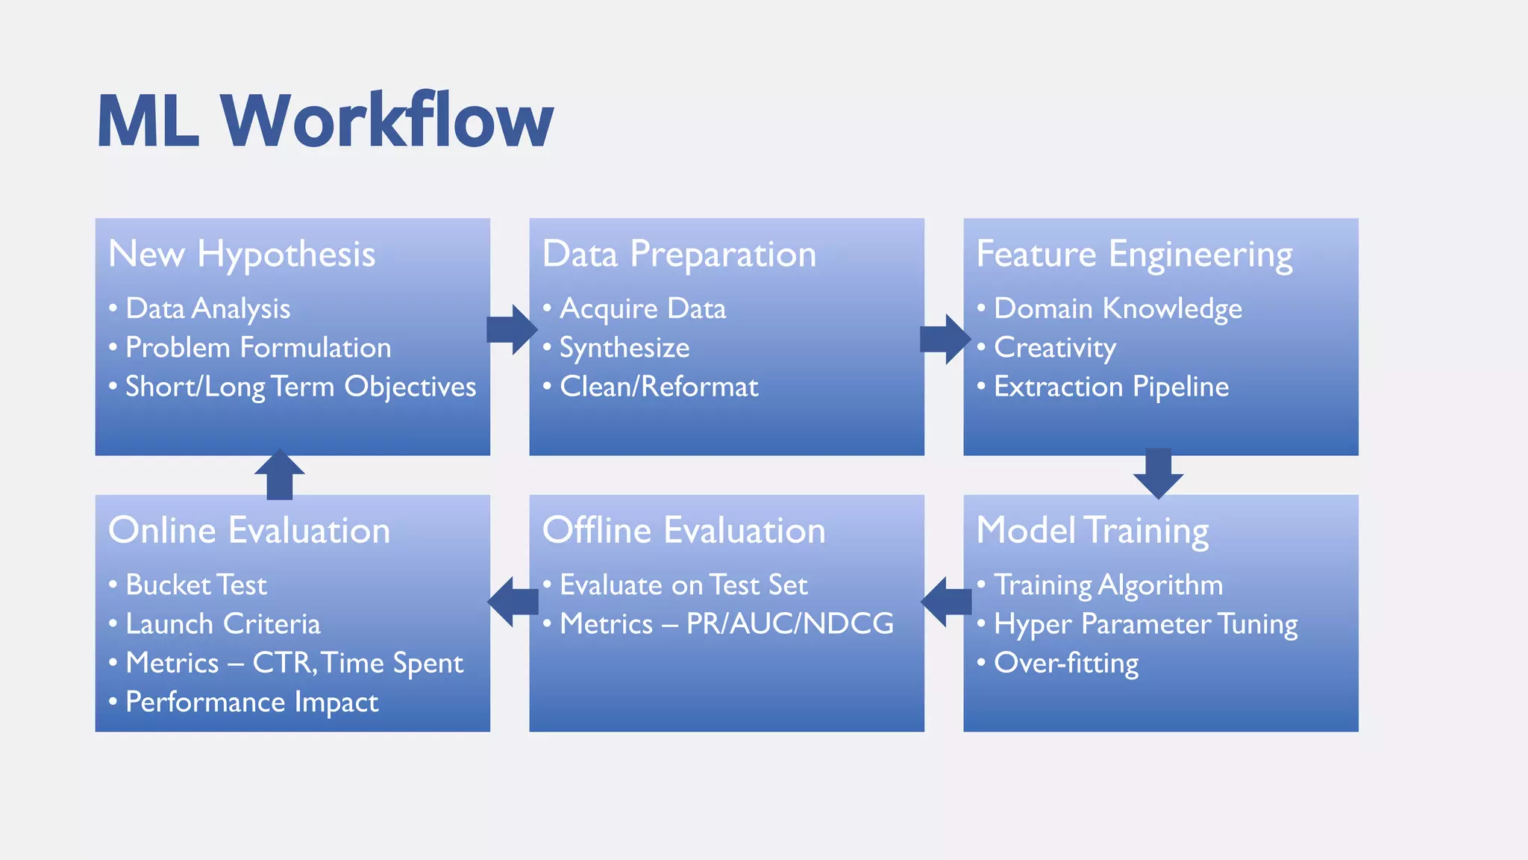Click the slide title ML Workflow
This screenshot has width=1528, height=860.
pyautogui.click(x=325, y=121)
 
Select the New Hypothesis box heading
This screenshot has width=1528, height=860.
pyautogui.click(x=242, y=255)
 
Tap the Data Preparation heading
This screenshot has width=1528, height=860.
pyautogui.click(x=679, y=255)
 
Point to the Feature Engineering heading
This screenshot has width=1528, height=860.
pyautogui.click(x=1134, y=255)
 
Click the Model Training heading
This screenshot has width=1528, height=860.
pyautogui.click(x=1092, y=531)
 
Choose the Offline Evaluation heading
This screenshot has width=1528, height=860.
pyautogui.click(x=683, y=531)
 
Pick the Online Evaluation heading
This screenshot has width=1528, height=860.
pyautogui.click(x=249, y=531)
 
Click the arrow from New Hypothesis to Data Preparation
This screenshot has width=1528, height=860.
pyautogui.click(x=513, y=329)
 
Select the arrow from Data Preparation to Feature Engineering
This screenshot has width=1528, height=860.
pyautogui.click(x=945, y=339)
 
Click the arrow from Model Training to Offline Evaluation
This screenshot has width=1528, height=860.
pyautogui.click(x=947, y=601)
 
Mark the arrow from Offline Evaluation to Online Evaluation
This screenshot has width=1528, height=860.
pyautogui.click(x=513, y=601)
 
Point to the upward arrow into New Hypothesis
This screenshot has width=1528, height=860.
pyautogui.click(x=280, y=475)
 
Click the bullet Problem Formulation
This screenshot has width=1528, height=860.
pyautogui.click(x=258, y=348)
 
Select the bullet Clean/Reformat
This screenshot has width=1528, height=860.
pyautogui.click(x=658, y=387)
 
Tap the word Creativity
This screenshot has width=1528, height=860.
pyautogui.click(x=1055, y=348)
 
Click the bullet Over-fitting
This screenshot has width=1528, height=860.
pyautogui.click(x=1066, y=663)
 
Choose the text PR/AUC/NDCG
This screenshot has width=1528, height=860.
pyautogui.click(x=789, y=624)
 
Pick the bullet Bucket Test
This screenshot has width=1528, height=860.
pyautogui.click(x=195, y=585)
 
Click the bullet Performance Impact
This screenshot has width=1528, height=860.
pyautogui.click(x=251, y=702)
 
